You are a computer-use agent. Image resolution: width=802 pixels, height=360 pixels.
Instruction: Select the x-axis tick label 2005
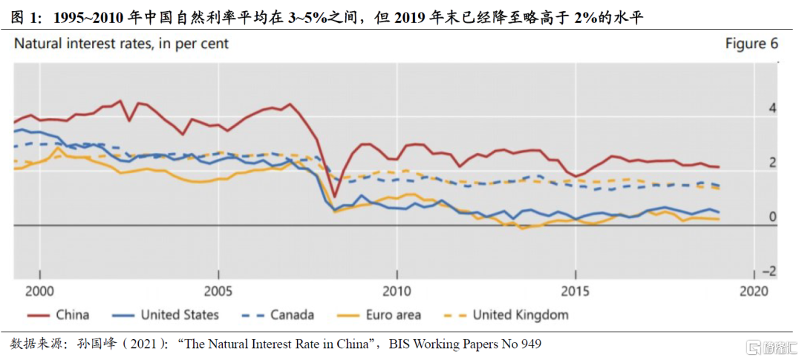tap(218, 289)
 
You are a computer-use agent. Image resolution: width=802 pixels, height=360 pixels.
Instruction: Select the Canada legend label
tap(292, 315)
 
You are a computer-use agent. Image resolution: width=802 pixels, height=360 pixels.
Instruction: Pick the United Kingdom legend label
tap(521, 315)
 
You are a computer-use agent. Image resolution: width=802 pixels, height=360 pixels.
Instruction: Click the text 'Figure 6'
tap(752, 44)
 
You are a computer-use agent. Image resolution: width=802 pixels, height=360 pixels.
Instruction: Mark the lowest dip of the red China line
tap(335, 197)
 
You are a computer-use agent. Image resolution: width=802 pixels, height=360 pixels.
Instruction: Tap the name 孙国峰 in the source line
tap(96, 344)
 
